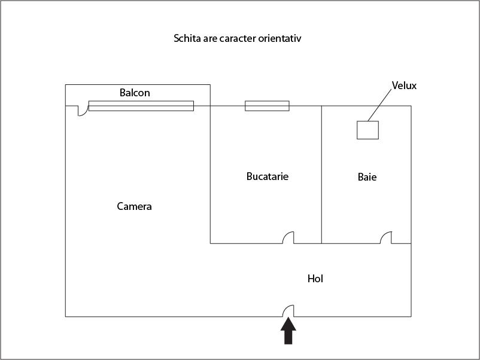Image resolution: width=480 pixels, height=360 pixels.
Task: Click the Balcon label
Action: [x=135, y=93]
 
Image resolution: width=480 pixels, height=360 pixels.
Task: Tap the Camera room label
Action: [x=134, y=206]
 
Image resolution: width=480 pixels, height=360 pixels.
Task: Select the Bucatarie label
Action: [x=268, y=176]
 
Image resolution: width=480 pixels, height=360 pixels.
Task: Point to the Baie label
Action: [x=367, y=177]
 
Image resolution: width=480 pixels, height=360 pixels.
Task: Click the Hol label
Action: [x=315, y=279]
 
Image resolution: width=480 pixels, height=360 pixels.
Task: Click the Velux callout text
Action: [x=404, y=86]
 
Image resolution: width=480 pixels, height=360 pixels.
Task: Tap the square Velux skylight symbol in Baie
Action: [x=367, y=130]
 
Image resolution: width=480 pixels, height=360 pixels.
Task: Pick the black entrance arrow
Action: [x=288, y=331]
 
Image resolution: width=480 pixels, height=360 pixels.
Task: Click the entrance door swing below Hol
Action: [x=288, y=311]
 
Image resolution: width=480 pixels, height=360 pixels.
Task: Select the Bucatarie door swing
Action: [x=288, y=237]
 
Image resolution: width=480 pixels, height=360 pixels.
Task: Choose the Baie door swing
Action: [x=385, y=237]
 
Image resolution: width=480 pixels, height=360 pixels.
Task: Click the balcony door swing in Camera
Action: [x=83, y=111]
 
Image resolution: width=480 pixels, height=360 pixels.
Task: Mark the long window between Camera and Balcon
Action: [x=141, y=106]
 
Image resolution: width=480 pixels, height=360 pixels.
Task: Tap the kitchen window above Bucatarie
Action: [x=267, y=106]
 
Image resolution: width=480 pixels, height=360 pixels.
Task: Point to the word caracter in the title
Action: [x=238, y=38]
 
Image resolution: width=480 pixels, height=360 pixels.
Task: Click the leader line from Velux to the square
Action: [x=379, y=105]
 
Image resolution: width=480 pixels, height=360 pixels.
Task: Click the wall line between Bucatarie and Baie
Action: [x=321, y=175]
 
